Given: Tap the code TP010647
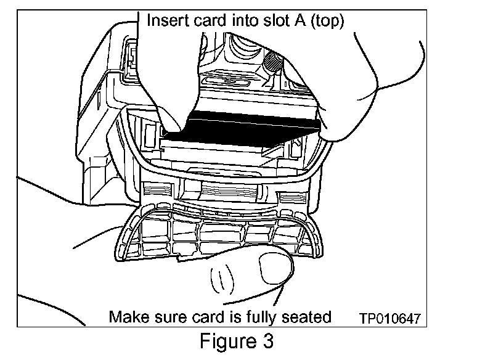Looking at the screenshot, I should tap(390, 319).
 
